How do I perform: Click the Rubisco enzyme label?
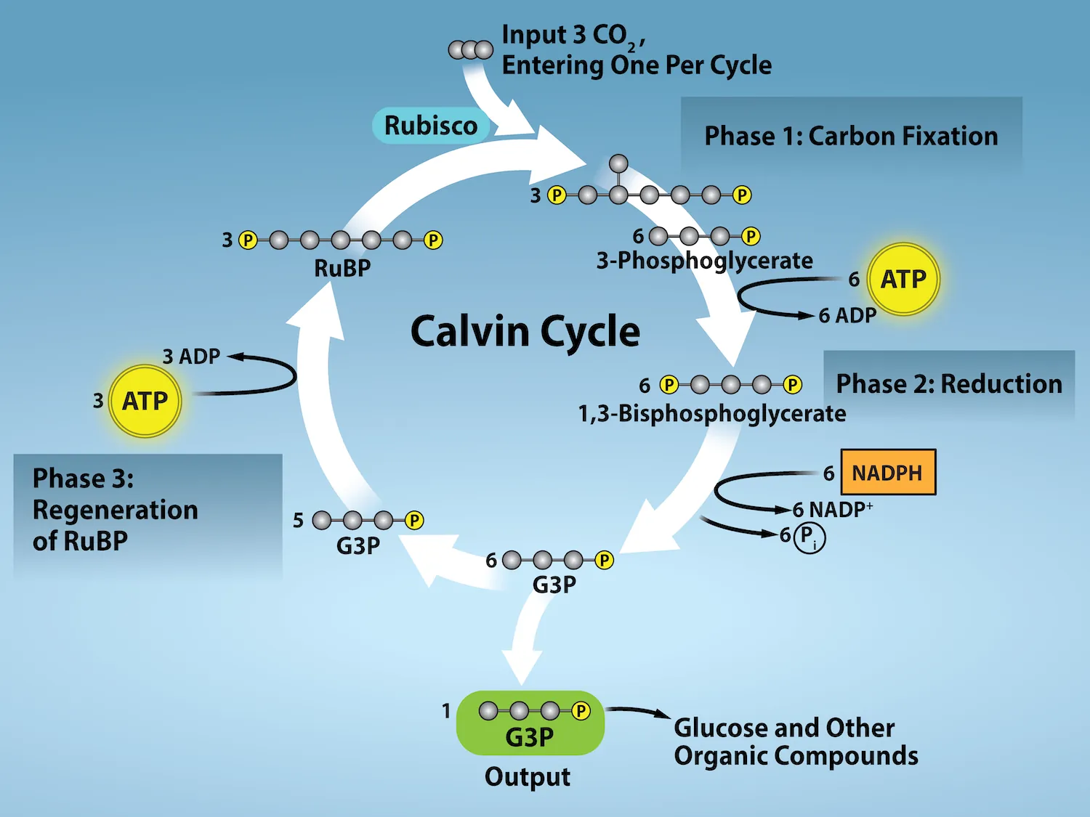coord(431,126)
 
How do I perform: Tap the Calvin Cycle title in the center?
coord(525,331)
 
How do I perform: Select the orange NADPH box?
coord(887,473)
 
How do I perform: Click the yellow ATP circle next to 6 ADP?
coord(903,279)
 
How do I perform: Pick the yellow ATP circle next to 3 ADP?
coord(145,401)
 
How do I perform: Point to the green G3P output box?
coord(530,723)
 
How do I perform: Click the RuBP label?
coord(342,268)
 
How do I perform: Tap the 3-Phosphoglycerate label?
coord(704,261)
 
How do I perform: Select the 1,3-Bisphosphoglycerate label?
coord(711,413)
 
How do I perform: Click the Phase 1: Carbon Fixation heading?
coord(851,137)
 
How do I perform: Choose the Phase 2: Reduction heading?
coord(948,383)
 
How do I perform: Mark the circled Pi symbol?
coord(809,537)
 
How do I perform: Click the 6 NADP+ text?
coord(833,509)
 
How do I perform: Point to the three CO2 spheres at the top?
coord(470,50)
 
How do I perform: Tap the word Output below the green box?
coord(527,777)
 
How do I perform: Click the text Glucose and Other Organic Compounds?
coord(795,741)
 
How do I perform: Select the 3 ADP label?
coord(191,357)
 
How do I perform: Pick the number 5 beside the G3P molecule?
coord(298,521)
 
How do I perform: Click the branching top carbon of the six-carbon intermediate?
coord(618,163)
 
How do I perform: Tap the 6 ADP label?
coord(847,316)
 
